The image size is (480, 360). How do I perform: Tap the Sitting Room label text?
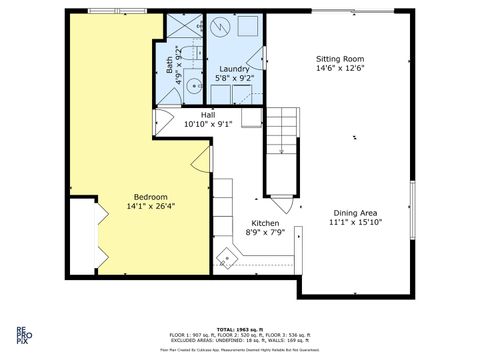(x=340, y=59)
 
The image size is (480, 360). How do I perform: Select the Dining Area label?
(x=355, y=212)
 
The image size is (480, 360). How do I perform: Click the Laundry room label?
(x=234, y=68)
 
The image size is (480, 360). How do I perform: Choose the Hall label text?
(x=207, y=115)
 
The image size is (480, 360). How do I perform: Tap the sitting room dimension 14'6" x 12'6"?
(x=340, y=69)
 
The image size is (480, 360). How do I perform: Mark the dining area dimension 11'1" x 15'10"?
(x=355, y=222)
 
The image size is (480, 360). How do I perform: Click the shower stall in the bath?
(x=180, y=27)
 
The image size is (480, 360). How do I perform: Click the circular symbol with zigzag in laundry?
(x=223, y=28)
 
